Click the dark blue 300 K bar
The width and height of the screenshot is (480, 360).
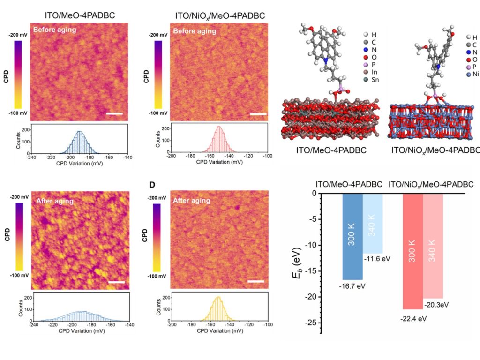(x=352, y=236)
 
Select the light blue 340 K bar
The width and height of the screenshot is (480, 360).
(x=373, y=223)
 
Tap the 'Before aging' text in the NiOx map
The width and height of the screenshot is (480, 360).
(x=194, y=31)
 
